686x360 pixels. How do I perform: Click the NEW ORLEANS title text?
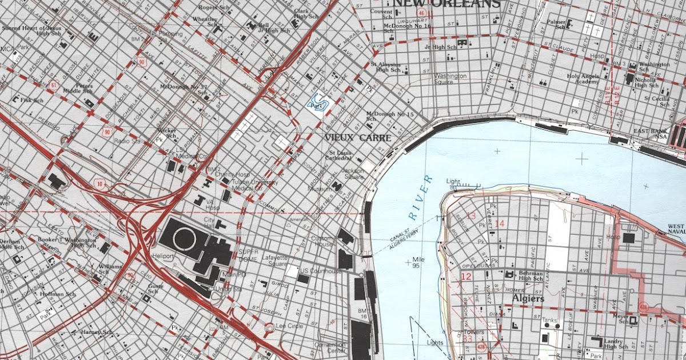446,4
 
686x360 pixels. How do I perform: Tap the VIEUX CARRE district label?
358,138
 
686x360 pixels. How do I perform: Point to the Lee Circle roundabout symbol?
269,328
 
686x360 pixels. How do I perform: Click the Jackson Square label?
353,174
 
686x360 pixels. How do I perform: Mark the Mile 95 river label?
417,262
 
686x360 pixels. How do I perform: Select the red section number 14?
500,223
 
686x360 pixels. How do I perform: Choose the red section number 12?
466,277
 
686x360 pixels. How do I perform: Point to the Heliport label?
163,256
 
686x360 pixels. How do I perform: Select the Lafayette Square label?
274,261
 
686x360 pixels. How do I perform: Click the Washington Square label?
450,79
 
